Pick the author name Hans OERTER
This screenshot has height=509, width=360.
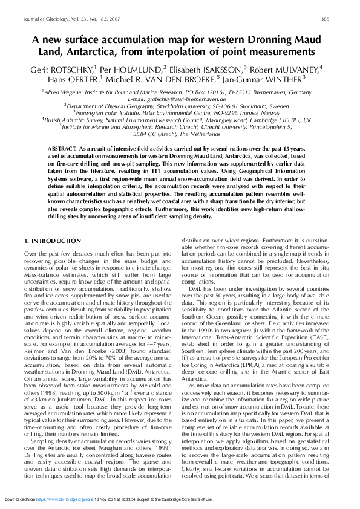pos(73,80)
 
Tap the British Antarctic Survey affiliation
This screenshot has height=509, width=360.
pos(180,120)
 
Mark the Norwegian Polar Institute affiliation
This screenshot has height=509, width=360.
pos(180,112)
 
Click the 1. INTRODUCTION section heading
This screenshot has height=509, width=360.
pos(52,241)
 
